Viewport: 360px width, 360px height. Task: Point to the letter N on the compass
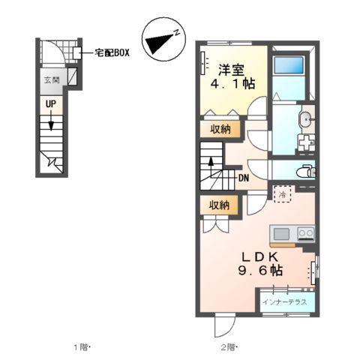(x=174, y=33)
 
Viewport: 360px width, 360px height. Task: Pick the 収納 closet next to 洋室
(x=219, y=129)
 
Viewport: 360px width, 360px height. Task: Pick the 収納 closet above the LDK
(x=219, y=205)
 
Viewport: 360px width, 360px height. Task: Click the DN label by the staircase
(x=244, y=178)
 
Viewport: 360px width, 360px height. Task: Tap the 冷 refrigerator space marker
(x=282, y=195)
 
